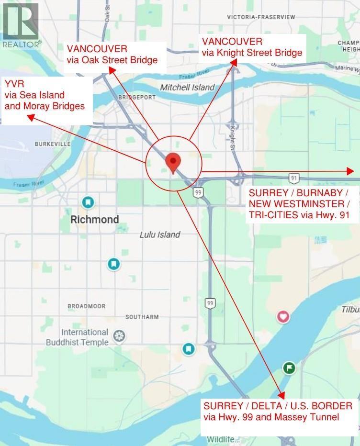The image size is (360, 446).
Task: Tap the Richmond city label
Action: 94,220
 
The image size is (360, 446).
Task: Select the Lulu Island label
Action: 160,234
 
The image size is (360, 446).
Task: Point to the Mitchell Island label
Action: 187,88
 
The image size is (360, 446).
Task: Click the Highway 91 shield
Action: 294,178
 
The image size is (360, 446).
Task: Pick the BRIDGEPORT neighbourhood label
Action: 136,97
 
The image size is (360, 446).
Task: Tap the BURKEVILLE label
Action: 53,144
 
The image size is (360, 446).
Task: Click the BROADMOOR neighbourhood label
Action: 86,306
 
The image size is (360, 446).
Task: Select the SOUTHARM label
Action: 142,317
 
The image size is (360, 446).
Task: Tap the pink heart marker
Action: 283,316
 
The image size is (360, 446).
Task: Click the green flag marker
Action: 289,368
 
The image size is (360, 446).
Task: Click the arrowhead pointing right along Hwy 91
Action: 350,171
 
